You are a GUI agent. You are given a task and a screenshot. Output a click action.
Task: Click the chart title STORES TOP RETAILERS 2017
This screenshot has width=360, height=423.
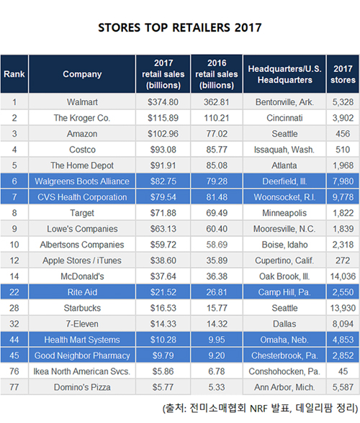pyautogui.click(x=179, y=27)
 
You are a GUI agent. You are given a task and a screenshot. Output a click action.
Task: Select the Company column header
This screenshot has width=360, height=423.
pyautogui.click(x=82, y=74)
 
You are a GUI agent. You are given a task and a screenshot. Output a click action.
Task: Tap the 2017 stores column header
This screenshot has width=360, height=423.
pyautogui.click(x=343, y=74)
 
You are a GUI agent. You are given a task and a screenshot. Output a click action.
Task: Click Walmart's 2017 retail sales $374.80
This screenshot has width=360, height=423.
pyautogui.click(x=163, y=102)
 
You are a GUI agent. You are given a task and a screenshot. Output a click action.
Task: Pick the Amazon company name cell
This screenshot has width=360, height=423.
pyautogui.click(x=82, y=134)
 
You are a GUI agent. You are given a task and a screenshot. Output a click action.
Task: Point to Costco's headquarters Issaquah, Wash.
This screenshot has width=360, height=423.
pyautogui.click(x=284, y=150)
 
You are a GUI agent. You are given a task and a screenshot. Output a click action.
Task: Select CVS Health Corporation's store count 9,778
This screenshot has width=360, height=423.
pyautogui.click(x=343, y=197)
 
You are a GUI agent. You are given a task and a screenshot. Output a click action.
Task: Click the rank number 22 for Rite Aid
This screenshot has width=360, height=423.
pyautogui.click(x=14, y=292)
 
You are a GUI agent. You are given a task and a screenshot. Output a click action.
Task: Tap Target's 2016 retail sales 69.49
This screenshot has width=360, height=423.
pyautogui.click(x=217, y=213)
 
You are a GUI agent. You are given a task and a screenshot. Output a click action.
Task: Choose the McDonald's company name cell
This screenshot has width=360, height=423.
pyautogui.click(x=82, y=276)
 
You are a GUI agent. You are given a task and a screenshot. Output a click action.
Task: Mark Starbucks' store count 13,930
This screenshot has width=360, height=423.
pyautogui.click(x=343, y=308)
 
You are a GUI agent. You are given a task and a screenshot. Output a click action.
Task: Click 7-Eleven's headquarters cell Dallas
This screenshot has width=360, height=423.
pyautogui.click(x=284, y=324)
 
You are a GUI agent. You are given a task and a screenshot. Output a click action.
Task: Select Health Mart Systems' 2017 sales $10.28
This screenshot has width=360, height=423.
pyautogui.click(x=163, y=340)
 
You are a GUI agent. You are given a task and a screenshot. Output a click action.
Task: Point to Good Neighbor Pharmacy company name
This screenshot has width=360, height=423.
pyautogui.click(x=82, y=355)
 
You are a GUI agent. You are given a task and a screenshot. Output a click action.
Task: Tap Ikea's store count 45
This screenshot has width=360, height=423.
pyautogui.click(x=343, y=371)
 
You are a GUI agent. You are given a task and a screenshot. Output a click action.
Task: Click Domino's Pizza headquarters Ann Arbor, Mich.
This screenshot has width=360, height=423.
pyautogui.click(x=284, y=387)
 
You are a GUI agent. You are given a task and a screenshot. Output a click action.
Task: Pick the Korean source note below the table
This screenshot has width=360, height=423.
pyautogui.click(x=260, y=408)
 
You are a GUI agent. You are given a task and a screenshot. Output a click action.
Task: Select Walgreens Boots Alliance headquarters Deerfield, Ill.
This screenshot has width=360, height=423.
pyautogui.click(x=284, y=181)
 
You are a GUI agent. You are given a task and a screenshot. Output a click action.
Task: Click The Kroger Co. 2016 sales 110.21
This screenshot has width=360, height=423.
pyautogui.click(x=217, y=118)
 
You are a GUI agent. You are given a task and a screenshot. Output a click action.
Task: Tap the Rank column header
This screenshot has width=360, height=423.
pyautogui.click(x=14, y=74)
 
